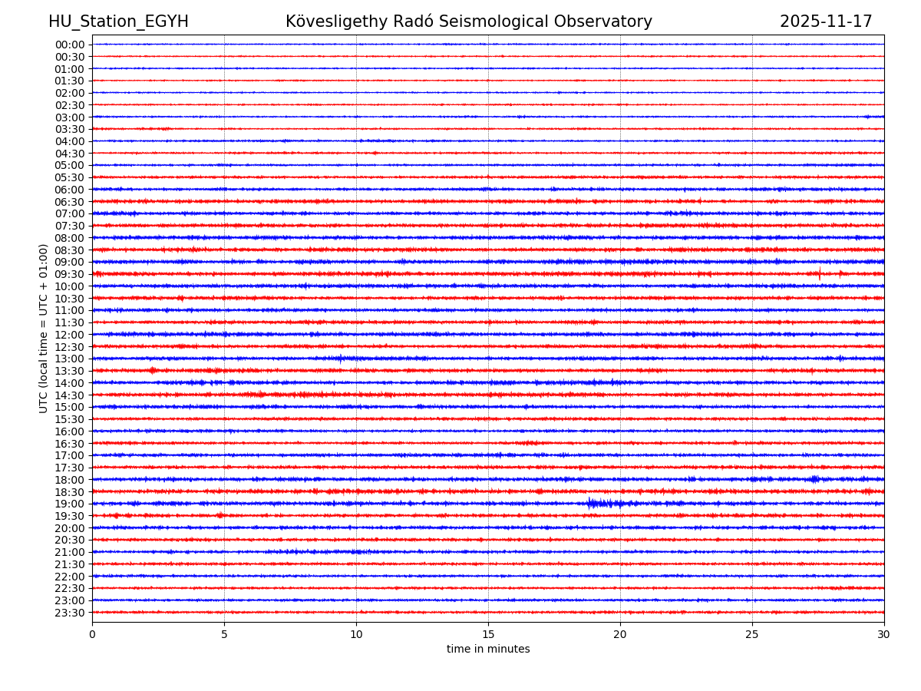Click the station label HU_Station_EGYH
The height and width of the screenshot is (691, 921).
[118, 22]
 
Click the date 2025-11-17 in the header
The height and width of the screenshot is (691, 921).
[826, 22]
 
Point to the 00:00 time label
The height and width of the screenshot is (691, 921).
[69, 45]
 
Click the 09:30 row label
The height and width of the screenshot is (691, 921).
[69, 274]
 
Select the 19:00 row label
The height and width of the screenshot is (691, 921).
[69, 504]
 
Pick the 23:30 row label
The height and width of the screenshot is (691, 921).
[69, 613]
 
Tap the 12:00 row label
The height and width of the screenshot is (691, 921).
[69, 335]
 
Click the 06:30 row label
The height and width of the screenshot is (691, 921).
[69, 202]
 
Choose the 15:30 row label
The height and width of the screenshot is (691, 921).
[69, 419]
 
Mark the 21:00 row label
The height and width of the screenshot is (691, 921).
[69, 552]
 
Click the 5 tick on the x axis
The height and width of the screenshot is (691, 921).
[224, 635]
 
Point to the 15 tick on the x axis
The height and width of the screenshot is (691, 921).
[488, 635]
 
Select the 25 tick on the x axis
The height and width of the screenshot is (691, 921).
[752, 635]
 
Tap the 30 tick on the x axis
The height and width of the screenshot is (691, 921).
[884, 635]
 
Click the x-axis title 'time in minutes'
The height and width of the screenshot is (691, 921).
[488, 650]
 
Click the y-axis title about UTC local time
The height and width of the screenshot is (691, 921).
[44, 329]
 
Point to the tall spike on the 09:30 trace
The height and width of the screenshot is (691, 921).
[820, 273]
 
